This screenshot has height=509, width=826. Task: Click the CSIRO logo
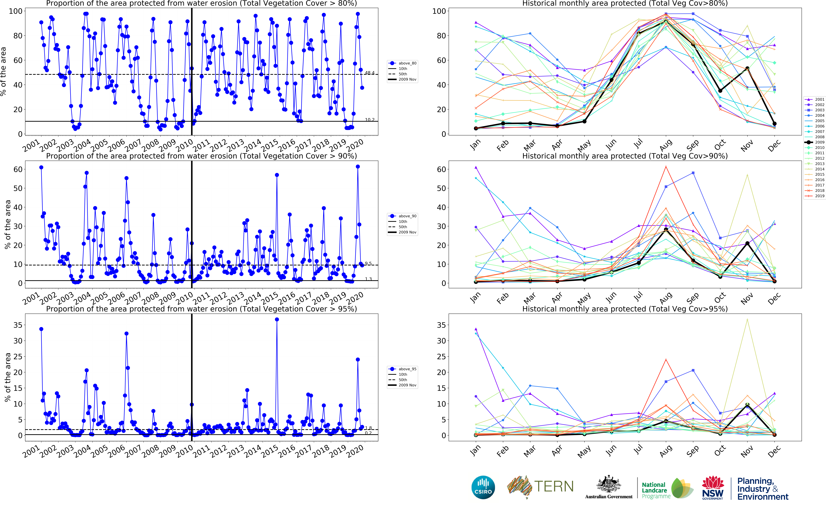(483, 487)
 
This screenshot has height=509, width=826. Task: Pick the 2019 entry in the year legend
(817, 196)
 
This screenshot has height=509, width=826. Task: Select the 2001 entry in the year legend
(817, 99)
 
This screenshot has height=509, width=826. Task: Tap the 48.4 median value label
(369, 73)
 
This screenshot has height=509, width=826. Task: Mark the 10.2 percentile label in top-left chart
(369, 120)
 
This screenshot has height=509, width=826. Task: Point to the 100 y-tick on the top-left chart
(16, 11)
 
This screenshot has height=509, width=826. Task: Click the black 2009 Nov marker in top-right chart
(747, 68)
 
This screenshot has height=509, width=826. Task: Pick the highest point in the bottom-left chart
(277, 319)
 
